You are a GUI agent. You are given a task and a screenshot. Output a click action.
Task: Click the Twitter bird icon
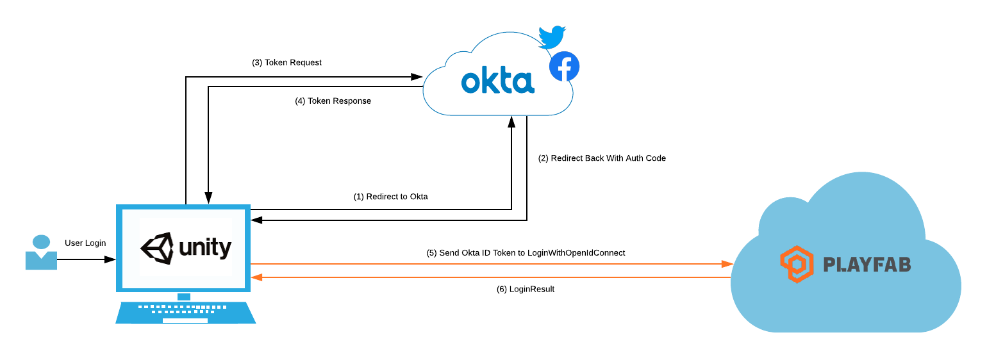pos(551,37)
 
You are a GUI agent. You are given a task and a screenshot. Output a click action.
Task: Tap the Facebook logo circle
pos(564,67)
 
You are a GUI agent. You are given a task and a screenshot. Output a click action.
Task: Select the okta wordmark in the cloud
pos(497,81)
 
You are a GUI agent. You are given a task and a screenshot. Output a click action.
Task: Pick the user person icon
pos(41,252)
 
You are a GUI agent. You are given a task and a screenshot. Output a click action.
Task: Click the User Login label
pos(85,243)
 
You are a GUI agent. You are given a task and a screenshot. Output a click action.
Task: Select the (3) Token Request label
pos(286,63)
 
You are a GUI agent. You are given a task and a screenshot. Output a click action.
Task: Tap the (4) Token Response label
pos(333,101)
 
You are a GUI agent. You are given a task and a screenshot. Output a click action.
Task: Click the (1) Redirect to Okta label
pos(390,197)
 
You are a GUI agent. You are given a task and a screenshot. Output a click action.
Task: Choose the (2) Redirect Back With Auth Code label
pos(602,158)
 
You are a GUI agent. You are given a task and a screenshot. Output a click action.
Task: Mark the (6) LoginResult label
pos(525,290)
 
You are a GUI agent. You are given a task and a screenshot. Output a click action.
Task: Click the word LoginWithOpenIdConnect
pos(576,253)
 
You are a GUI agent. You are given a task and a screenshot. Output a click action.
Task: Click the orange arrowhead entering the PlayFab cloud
pos(727,264)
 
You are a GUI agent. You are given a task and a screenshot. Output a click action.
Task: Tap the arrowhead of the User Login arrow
pos(111,259)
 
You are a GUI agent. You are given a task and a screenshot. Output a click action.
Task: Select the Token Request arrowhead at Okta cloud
pos(417,78)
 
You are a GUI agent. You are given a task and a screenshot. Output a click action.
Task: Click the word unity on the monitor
pos(205,248)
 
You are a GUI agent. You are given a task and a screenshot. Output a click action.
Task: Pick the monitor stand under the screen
pos(184,296)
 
